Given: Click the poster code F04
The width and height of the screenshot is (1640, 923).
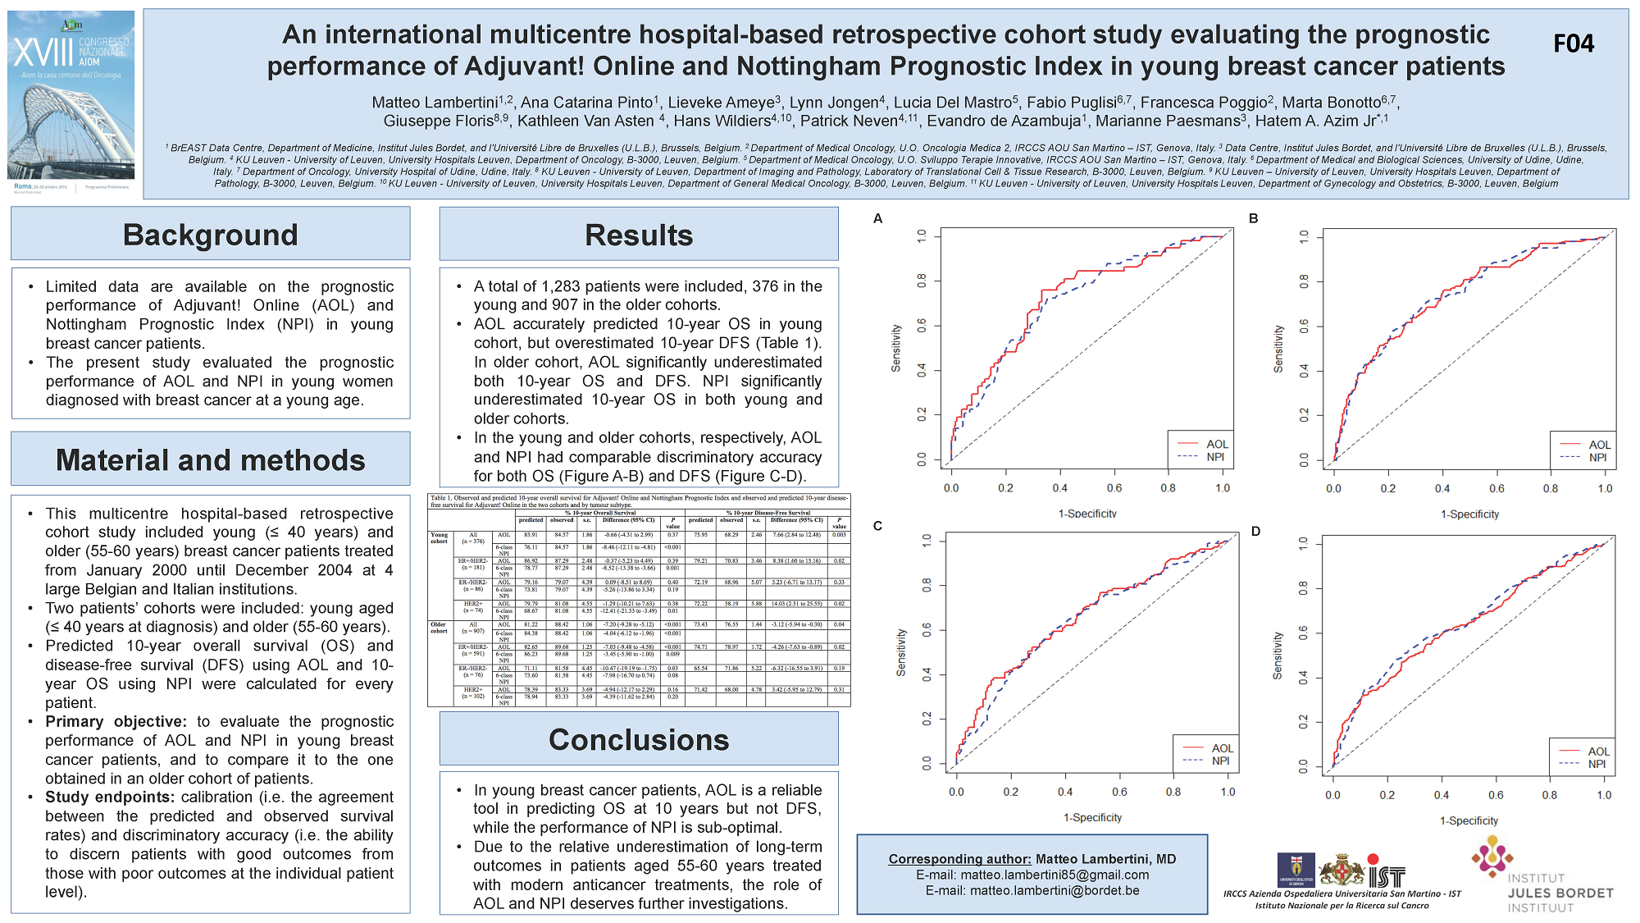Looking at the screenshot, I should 1573,43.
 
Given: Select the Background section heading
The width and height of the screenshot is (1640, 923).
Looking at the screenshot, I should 210,235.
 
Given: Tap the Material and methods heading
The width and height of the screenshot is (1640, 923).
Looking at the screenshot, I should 210,460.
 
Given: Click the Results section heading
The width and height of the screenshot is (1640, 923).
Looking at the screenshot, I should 638,235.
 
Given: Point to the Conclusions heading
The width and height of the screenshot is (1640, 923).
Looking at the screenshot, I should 638,740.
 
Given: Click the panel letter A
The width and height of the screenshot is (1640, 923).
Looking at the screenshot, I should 877,218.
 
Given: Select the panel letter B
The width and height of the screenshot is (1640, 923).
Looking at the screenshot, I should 1253,218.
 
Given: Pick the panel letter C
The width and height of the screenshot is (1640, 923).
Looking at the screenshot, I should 877,526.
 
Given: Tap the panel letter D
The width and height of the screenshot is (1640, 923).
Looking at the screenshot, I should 1255,532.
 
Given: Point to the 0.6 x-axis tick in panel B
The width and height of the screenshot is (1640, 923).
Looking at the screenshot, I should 1496,488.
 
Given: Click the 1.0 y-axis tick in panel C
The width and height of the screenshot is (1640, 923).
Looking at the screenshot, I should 927,541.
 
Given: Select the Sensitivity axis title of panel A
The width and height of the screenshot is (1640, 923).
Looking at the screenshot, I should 896,348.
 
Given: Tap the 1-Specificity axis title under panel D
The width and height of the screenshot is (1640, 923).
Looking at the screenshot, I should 1469,820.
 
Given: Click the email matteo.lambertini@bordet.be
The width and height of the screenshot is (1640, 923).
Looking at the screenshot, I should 1032,890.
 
